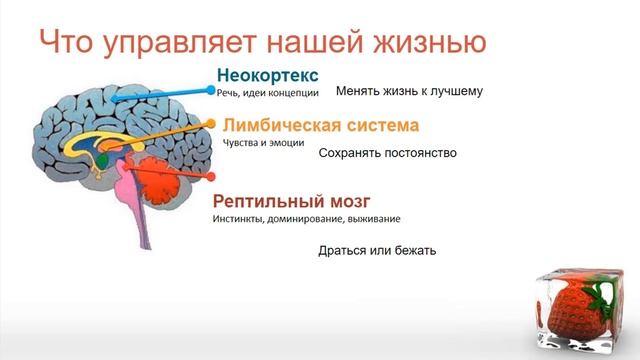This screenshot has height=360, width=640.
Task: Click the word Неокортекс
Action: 268,75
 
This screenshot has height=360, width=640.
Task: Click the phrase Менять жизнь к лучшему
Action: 409,91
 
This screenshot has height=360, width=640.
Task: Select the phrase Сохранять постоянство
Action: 387,154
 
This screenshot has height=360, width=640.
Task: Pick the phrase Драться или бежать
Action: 377,250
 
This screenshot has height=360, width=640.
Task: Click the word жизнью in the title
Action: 432,42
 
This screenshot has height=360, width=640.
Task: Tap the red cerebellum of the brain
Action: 160,180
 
